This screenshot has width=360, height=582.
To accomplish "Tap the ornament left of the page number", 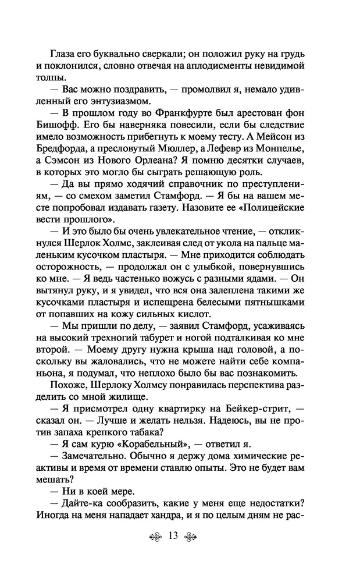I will point(152,536).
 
